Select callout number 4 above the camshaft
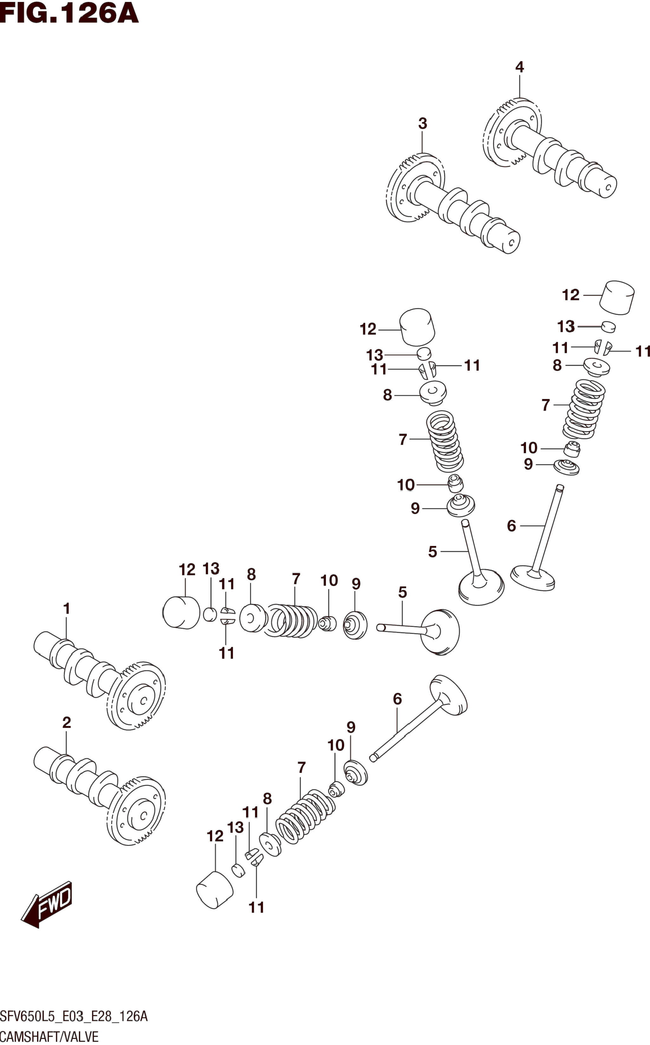(x=519, y=67)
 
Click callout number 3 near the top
(x=423, y=123)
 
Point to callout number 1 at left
(x=66, y=608)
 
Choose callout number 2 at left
(x=66, y=722)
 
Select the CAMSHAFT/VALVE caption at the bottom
(x=49, y=1036)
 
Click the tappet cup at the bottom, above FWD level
(x=214, y=890)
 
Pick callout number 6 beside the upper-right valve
(x=511, y=525)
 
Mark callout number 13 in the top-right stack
(x=566, y=327)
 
